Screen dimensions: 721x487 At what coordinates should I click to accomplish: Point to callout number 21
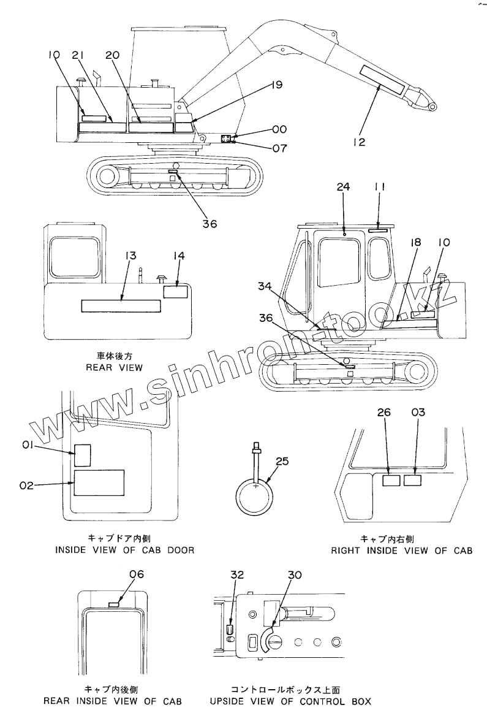pos(78,55)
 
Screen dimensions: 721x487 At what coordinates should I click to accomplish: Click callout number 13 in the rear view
pos(130,255)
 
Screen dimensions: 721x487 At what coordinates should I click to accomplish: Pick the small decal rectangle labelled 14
pos(176,290)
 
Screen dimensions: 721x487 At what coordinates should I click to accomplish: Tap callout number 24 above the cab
pos(343,188)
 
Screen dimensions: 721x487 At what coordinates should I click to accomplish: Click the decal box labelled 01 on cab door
pos(82,455)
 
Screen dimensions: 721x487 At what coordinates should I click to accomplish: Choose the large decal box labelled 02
pos(99,483)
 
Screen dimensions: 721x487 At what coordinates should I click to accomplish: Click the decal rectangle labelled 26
pos(391,481)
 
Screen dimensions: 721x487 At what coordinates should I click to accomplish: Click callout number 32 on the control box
pos(237,574)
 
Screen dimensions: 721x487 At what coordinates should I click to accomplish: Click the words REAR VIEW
pos(115,367)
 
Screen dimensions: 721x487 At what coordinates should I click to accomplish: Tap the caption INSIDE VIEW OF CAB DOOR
pos(125,550)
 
